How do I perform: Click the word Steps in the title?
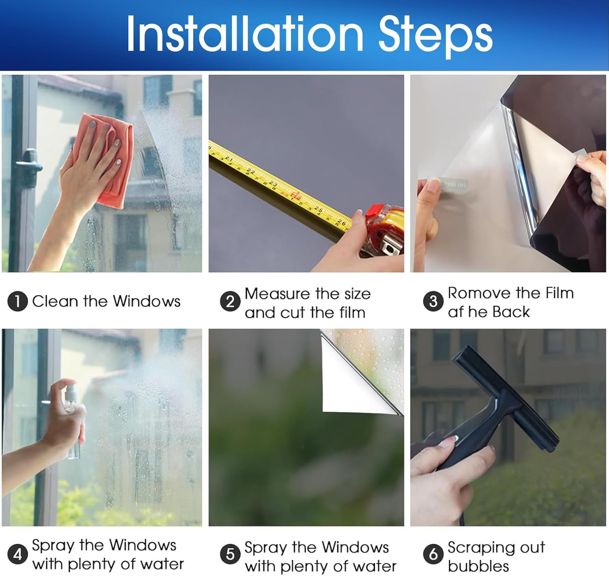pyautogui.click(x=435, y=36)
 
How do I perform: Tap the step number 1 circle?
pyautogui.click(x=17, y=301)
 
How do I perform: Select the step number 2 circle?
pyautogui.click(x=230, y=301)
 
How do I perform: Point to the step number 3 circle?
pyautogui.click(x=433, y=301)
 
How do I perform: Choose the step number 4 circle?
pyautogui.click(x=17, y=554)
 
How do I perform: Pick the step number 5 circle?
pyautogui.click(x=230, y=554)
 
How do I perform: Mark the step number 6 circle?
pyautogui.click(x=433, y=554)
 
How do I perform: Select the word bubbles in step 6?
pyautogui.click(x=478, y=566)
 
